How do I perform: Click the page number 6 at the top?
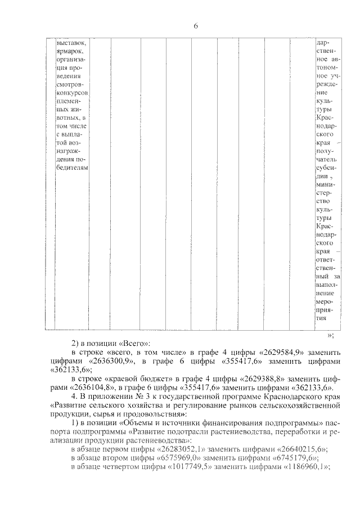195,26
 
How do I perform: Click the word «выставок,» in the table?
71,43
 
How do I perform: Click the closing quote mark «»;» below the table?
331,335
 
